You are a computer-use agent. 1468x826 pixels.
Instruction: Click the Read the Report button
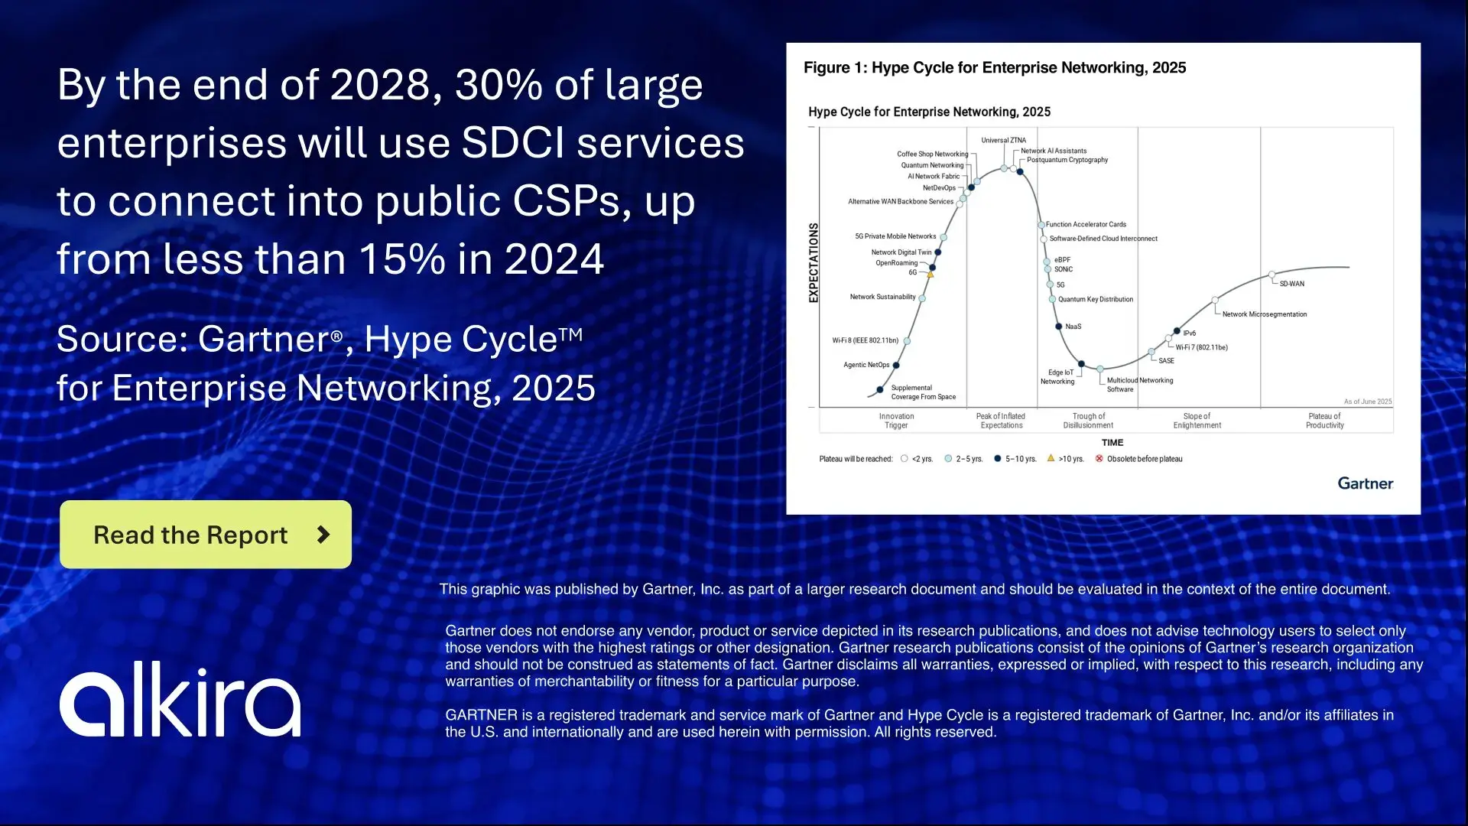[x=205, y=535]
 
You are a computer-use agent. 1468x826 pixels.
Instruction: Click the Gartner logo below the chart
[x=1365, y=483]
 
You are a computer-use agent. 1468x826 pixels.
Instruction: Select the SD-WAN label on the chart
[x=1291, y=284]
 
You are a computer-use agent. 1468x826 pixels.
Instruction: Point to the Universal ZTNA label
[x=1003, y=141]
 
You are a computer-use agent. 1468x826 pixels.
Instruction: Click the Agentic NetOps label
[x=866, y=365]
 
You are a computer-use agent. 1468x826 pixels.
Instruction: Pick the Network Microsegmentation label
[x=1264, y=314]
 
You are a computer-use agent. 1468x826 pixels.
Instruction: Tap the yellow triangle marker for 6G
[x=930, y=274]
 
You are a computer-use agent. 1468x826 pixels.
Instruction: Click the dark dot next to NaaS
[x=1059, y=327]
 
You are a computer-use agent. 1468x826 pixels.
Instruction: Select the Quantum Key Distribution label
[x=1095, y=300]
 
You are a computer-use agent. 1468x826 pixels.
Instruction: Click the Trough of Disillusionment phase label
[x=1088, y=421]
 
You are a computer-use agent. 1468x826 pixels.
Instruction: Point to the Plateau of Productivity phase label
[x=1324, y=421]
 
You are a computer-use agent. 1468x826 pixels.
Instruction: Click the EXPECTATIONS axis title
[x=814, y=263]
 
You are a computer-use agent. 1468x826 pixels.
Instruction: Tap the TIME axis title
[x=1112, y=443]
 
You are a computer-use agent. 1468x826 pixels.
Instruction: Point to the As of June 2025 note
[x=1367, y=402]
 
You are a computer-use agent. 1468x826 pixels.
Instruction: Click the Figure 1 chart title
[x=994, y=68]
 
